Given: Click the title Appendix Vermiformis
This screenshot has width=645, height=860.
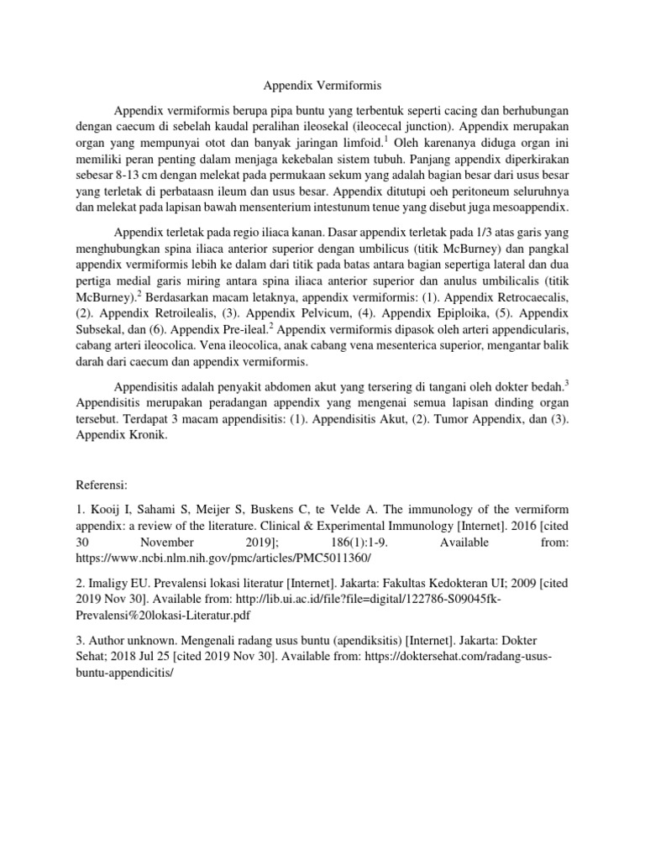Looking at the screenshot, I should click(322, 85).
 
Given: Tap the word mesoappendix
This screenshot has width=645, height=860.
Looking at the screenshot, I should click(530, 207).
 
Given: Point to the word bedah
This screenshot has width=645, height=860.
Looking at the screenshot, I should click(543, 388).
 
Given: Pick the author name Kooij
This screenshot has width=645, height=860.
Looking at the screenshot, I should click(104, 511).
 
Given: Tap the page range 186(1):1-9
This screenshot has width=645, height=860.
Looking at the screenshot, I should click(360, 543).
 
